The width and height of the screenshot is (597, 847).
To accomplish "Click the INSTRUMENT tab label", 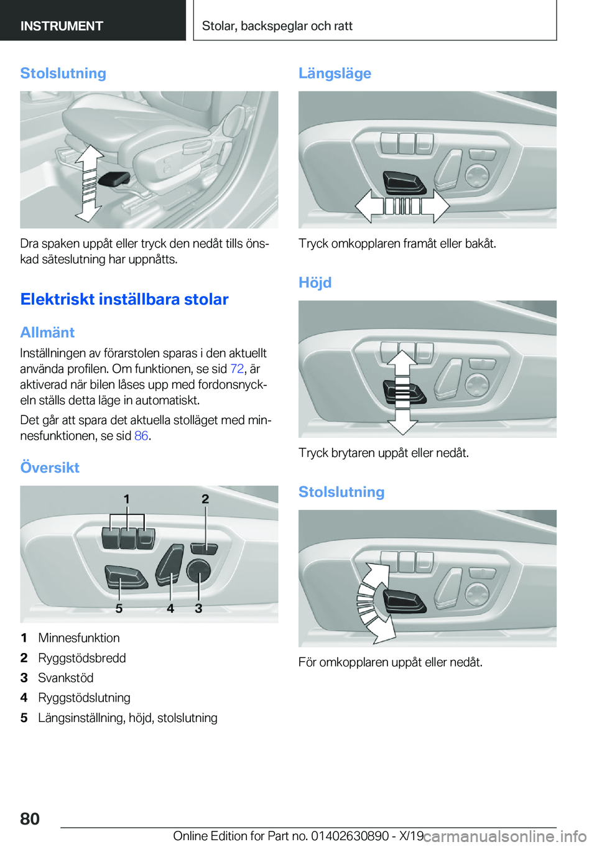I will (x=62, y=26).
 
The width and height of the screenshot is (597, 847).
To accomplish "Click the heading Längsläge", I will (x=335, y=73).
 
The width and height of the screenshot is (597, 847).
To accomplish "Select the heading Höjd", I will (x=315, y=283).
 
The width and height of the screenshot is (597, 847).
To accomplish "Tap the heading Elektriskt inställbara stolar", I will (x=124, y=299).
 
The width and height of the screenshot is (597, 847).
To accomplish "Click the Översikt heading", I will (x=50, y=468).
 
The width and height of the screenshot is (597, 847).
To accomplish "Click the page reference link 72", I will (x=237, y=369).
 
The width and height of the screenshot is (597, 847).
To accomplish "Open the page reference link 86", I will (x=141, y=436).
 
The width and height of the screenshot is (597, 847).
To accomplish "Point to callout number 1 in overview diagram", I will (x=127, y=499).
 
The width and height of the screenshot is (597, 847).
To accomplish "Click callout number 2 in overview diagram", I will (x=205, y=499).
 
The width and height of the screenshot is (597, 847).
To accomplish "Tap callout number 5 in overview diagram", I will (x=119, y=608).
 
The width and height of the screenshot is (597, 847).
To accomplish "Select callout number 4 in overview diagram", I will (x=170, y=608).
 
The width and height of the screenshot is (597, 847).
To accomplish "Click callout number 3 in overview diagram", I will (x=198, y=608).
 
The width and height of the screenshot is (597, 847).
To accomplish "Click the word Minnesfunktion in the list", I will (x=79, y=638).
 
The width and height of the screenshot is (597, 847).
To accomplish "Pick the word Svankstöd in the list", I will (x=66, y=678).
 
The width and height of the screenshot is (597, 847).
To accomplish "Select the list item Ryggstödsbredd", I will (x=82, y=658).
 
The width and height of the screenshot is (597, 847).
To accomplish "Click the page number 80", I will (x=30, y=818).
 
